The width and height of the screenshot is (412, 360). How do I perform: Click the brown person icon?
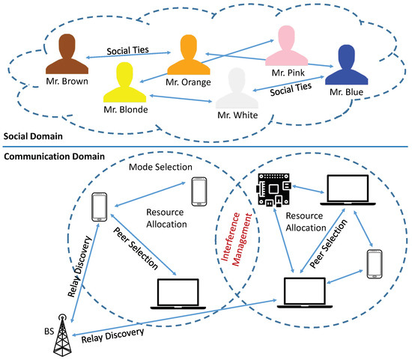(x=67, y=55)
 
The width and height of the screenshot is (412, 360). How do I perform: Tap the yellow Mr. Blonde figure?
(x=124, y=83)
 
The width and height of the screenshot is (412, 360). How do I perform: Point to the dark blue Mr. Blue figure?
(x=346, y=65)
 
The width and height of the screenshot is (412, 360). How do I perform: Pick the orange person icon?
(x=188, y=55)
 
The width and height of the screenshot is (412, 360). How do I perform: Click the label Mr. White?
(x=237, y=115)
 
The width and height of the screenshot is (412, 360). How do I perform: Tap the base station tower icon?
(x=62, y=335)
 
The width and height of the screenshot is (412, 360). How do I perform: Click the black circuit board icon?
(x=273, y=189)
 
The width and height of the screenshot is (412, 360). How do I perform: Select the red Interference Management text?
(x=237, y=240)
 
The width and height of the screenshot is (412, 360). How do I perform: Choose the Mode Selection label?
(x=160, y=167)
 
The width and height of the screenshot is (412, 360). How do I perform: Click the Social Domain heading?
(x=33, y=136)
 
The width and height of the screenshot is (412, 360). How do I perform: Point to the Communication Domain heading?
(x=55, y=156)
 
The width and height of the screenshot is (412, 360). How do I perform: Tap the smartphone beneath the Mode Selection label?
(x=199, y=192)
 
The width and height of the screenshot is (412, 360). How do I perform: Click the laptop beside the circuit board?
(x=348, y=190)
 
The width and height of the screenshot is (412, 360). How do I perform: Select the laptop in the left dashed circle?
(x=178, y=294)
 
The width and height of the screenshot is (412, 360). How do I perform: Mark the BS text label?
(x=49, y=332)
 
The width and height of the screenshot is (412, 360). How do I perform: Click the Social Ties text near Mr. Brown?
(x=127, y=50)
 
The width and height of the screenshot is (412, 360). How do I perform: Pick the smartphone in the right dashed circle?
(x=375, y=264)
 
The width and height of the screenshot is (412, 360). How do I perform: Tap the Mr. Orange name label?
(x=188, y=82)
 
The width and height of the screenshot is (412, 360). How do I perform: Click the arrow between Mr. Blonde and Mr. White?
(x=181, y=99)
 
